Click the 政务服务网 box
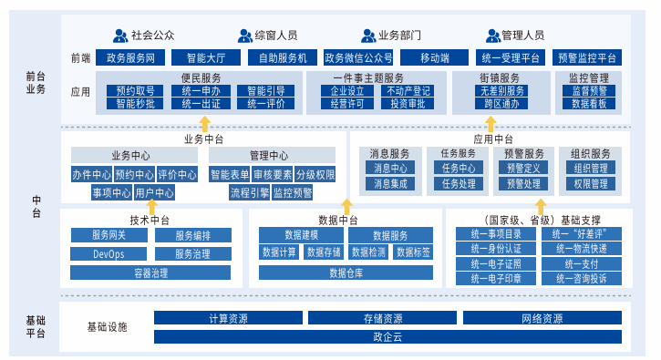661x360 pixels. (x=130, y=57)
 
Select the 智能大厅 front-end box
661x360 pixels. (x=206, y=57)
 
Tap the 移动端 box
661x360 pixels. (x=434, y=57)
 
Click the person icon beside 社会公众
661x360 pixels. (x=120, y=36)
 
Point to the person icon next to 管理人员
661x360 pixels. (x=493, y=36)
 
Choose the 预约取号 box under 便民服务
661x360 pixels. (x=135, y=90)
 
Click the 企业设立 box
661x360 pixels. (x=347, y=90)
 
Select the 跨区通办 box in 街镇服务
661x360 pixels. (x=501, y=104)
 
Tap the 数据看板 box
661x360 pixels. (x=589, y=104)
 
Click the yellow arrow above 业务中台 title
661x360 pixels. (x=204, y=124)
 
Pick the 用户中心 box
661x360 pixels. (x=154, y=193)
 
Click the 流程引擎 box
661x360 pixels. (x=250, y=193)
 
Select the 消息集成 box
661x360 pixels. (x=390, y=184)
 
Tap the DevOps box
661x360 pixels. (x=108, y=254)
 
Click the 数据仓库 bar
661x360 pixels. (x=346, y=273)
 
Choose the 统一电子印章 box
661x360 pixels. (x=496, y=279)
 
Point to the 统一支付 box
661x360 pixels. (x=582, y=264)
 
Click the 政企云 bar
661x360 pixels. (x=387, y=337)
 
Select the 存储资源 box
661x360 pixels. (x=382, y=318)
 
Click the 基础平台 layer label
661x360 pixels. (x=36, y=326)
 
